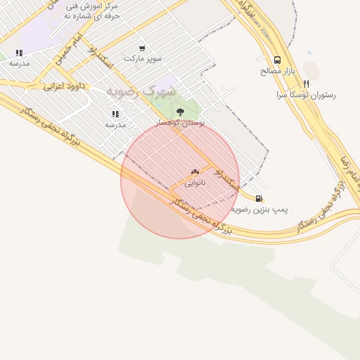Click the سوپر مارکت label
(143, 58)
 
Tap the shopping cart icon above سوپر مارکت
(143, 49)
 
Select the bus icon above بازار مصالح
(277, 60)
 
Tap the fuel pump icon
(259, 199)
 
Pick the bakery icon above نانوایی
(195, 172)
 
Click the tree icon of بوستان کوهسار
(181, 111)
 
